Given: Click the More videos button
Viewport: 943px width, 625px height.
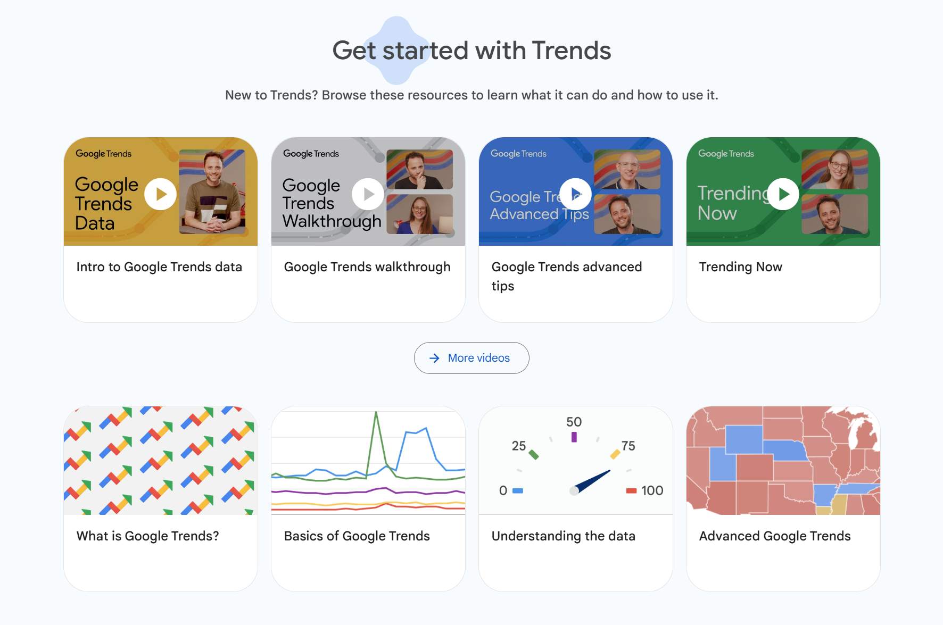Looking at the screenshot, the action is click(471, 358).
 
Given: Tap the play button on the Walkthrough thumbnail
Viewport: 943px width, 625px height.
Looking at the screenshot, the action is click(368, 194).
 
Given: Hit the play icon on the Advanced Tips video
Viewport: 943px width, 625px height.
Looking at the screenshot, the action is click(575, 194).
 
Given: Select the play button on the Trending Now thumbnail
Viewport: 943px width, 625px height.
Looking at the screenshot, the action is click(783, 194).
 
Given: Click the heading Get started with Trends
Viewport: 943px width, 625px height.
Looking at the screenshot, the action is click(471, 51).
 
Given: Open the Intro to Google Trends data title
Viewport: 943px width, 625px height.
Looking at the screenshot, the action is click(159, 267).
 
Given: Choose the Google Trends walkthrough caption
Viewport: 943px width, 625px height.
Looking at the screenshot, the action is click(367, 267).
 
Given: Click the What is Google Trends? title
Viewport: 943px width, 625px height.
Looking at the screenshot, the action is click(147, 536).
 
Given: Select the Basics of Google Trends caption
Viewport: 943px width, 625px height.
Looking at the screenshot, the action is click(357, 536).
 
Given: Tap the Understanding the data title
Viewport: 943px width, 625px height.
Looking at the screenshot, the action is click(564, 536).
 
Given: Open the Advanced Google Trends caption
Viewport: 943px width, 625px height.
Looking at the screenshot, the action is click(775, 536).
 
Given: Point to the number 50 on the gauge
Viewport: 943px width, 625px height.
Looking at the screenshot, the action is click(574, 422).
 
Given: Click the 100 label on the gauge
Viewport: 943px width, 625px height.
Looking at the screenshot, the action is click(652, 490).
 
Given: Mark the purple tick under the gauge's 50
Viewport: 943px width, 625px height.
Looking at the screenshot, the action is click(574, 437).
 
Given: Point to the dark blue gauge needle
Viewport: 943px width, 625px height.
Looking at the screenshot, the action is click(592, 481).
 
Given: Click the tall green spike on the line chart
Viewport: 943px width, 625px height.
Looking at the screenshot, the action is click(376, 441).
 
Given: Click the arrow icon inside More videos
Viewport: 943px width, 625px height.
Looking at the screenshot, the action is click(434, 358).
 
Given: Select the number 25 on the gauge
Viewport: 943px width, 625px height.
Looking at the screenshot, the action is click(519, 446).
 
